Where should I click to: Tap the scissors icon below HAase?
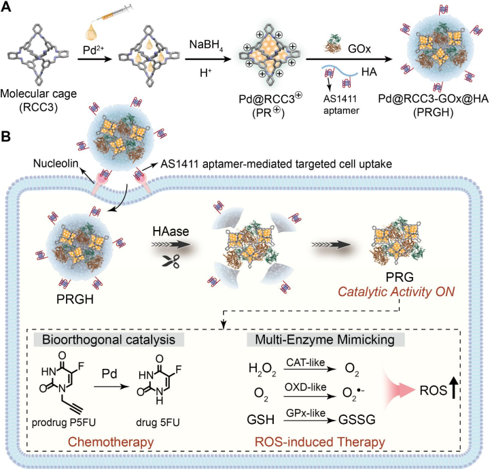(171, 261)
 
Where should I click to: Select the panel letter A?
(6, 7)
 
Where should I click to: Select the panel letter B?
(5, 137)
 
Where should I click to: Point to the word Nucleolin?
(56, 163)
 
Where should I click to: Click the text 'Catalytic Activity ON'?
(396, 292)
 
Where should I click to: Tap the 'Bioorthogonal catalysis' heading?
(109, 340)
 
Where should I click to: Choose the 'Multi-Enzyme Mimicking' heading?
(325, 340)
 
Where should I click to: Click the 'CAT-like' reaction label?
(305, 363)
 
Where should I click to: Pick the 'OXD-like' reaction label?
(305, 387)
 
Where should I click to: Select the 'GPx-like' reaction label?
(305, 413)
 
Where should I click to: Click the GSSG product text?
(357, 419)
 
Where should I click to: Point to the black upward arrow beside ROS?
(453, 388)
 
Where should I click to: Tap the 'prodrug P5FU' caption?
(64, 423)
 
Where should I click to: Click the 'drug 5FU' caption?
(158, 423)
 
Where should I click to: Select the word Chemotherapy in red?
(111, 442)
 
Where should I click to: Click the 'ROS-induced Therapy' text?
(320, 442)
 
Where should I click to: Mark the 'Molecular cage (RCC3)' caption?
(38, 101)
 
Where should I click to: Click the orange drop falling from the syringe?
(91, 33)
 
